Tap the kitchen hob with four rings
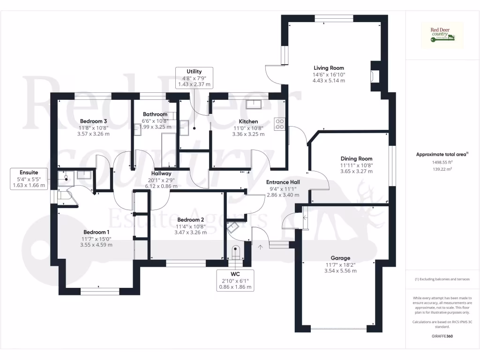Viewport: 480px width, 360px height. click(280, 123)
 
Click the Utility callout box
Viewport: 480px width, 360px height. click(194, 77)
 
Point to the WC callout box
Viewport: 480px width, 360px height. click(235, 280)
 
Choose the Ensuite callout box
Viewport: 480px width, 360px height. click(29, 179)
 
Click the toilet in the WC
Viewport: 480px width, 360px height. click(236, 251)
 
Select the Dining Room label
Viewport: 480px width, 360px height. click(356, 159)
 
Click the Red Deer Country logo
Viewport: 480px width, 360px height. click(442, 35)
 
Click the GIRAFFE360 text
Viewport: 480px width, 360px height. click(442, 336)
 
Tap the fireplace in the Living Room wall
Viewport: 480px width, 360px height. click(373, 76)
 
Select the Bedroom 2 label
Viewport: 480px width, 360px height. click(190, 219)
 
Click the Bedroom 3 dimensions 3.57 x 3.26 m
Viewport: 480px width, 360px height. click(93, 134)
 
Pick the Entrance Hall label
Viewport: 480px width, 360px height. click(283, 182)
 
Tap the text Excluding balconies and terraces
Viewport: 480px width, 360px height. click(442, 279)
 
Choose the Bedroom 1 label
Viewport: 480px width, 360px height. click(97, 232)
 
